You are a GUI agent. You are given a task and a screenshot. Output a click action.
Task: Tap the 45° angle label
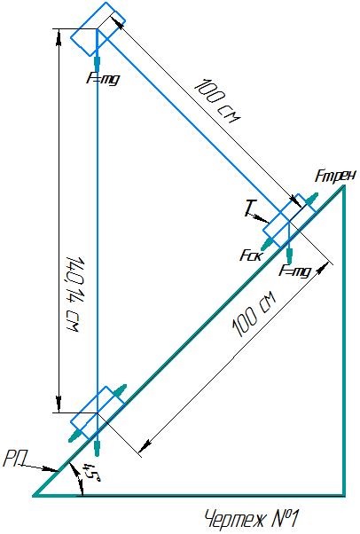(x=90, y=472)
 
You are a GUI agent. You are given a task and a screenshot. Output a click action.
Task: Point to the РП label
(x=13, y=460)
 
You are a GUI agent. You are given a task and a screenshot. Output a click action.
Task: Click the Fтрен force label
(x=335, y=176)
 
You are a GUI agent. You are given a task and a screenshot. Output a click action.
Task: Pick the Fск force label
(x=251, y=255)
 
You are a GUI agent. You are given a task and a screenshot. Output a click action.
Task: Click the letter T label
(x=249, y=208)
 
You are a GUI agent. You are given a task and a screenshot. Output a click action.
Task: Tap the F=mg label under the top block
(x=103, y=80)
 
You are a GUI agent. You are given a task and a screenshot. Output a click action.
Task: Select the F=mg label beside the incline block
(x=295, y=271)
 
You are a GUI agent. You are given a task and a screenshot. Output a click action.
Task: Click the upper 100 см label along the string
(x=217, y=101)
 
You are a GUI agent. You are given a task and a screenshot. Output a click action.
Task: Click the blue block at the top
(x=98, y=29)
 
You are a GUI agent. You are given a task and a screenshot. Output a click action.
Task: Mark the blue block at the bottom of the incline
(x=98, y=412)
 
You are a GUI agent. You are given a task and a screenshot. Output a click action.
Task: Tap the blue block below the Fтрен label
(x=289, y=221)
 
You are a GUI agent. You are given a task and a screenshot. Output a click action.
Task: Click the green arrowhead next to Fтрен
(x=311, y=199)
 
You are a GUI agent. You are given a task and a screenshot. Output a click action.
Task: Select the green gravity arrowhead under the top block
(x=98, y=63)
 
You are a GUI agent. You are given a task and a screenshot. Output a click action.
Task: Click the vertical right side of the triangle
(x=344, y=341)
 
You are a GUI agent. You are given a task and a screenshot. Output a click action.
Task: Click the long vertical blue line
(x=98, y=222)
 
